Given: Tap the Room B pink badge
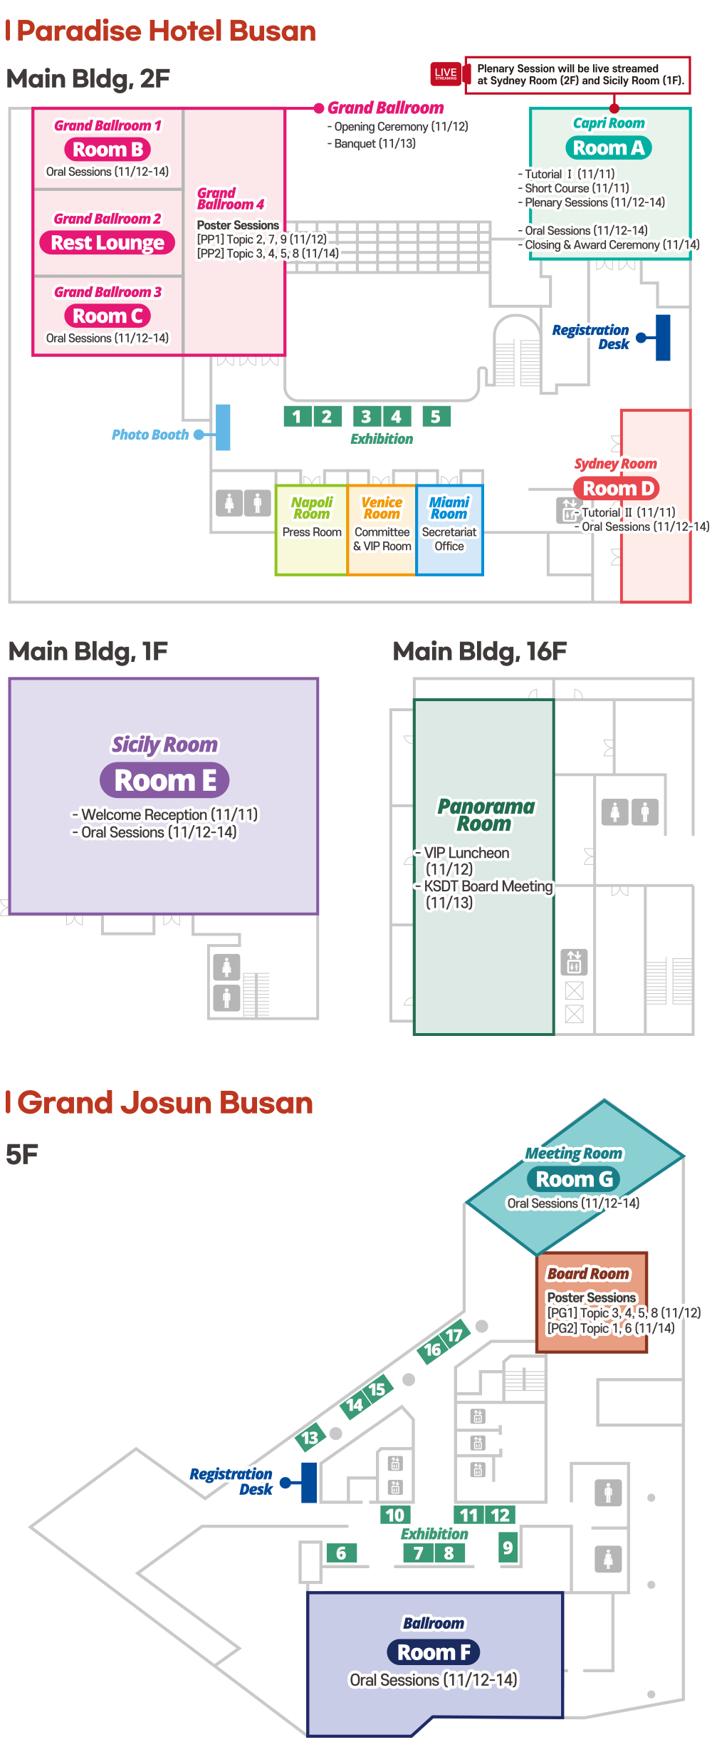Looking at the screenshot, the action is [108, 150].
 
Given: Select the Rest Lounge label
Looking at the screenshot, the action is [108, 243].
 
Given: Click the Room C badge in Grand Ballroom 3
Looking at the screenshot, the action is [108, 316].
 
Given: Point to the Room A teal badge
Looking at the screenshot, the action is [609, 148].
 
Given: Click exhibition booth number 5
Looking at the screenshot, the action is [436, 416].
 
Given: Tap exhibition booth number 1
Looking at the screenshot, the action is [297, 416].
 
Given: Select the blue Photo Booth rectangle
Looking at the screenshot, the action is [223, 427].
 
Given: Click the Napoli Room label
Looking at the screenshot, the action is [312, 508].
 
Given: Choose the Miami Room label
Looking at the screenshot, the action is [449, 508].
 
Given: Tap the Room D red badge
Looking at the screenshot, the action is [617, 489].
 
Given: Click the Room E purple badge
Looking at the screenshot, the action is [164, 780].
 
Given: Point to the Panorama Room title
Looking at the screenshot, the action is [486, 815].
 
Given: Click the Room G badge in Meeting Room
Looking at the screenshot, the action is [574, 1179].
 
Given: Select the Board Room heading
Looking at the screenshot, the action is [588, 1273].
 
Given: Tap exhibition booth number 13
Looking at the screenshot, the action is [310, 1437].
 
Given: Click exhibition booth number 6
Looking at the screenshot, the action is [341, 1553].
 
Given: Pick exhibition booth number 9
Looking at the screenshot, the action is [508, 1548].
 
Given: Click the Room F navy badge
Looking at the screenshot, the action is [434, 1652].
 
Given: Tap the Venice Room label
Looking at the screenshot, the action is [382, 508].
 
